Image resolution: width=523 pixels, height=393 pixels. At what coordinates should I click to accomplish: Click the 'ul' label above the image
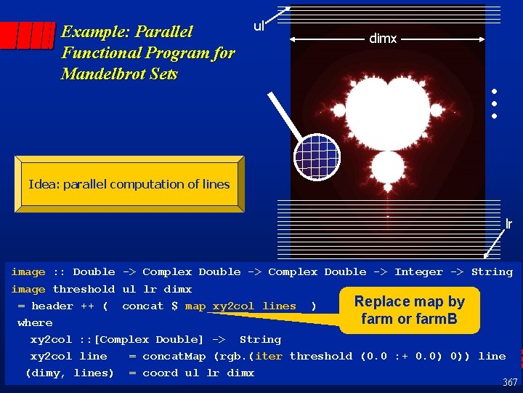pos(259,26)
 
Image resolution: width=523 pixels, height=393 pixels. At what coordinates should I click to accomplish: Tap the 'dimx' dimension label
pos(383,39)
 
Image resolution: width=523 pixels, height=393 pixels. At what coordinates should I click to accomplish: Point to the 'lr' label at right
pos(508,224)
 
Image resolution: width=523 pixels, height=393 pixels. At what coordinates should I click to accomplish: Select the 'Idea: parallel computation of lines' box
pos(129,185)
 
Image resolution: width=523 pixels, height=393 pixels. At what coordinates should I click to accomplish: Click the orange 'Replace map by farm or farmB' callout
pos(409,310)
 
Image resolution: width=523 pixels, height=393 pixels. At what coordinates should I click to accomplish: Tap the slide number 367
pos(510,382)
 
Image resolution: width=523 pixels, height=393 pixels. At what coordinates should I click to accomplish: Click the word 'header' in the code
pos(52,306)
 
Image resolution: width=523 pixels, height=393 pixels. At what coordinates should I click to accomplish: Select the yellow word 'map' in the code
pos(195,306)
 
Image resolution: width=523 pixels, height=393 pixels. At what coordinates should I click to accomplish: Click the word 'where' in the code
pos(35,323)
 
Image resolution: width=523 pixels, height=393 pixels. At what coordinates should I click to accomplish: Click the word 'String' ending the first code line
pos(492,272)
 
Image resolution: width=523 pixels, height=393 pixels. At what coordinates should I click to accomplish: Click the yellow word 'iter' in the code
pos(269,357)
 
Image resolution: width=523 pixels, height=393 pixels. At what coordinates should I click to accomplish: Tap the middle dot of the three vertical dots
pos(493,104)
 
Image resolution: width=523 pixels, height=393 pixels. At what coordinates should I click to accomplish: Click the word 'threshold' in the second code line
pos(84,290)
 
